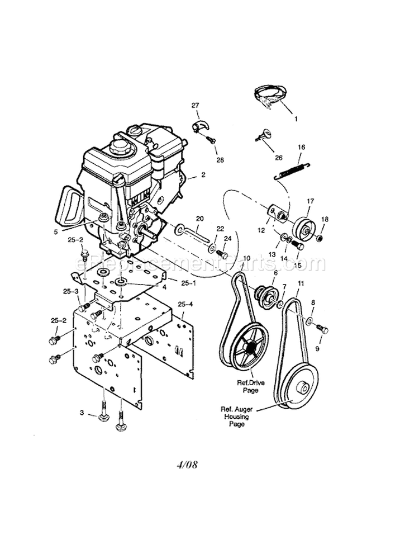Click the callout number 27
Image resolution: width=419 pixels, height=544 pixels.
(x=195, y=105)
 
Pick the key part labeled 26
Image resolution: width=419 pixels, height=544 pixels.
(x=264, y=134)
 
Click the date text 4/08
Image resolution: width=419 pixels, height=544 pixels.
(x=188, y=464)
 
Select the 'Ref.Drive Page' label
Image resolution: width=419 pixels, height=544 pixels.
(x=251, y=385)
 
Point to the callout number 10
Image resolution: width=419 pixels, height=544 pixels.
(x=246, y=258)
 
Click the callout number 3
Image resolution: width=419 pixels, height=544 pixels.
(x=82, y=413)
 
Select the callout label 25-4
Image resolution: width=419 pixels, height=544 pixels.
(x=186, y=304)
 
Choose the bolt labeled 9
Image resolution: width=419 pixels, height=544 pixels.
(x=321, y=329)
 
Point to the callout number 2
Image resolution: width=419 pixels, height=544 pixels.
(x=203, y=174)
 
